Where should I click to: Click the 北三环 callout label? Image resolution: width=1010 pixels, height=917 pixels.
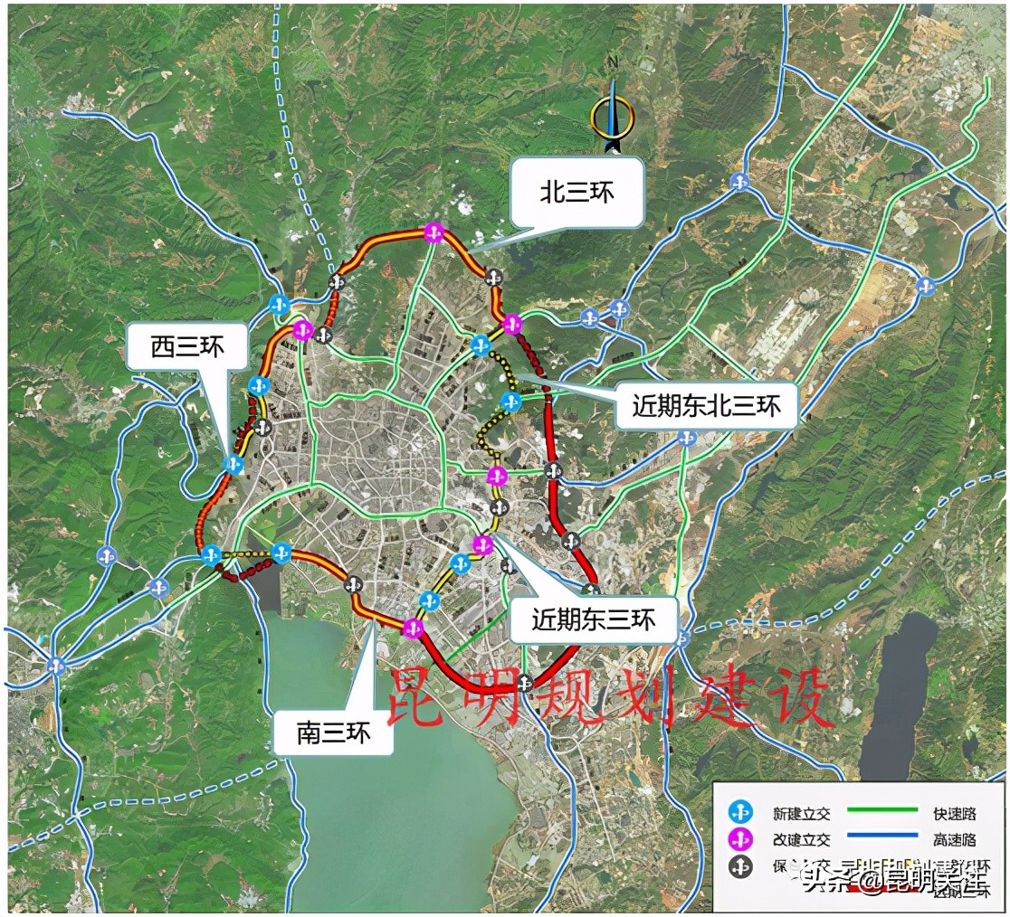(576, 192)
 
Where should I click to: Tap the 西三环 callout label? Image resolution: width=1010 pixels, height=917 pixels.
(186, 347)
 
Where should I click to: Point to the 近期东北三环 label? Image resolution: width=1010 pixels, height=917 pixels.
(707, 405)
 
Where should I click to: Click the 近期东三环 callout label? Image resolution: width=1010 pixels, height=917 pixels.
(593, 619)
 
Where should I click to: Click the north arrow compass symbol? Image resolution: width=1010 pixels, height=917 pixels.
(612, 115)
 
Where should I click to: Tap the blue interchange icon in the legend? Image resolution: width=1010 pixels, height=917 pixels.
(740, 814)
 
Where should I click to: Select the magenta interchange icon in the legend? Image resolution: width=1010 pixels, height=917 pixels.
(740, 840)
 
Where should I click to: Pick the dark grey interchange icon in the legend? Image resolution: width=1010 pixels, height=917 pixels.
(740, 867)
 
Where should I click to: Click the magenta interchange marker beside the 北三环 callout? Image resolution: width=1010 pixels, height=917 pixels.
(434, 232)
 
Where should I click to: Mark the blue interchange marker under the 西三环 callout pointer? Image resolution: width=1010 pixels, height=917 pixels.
(234, 465)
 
